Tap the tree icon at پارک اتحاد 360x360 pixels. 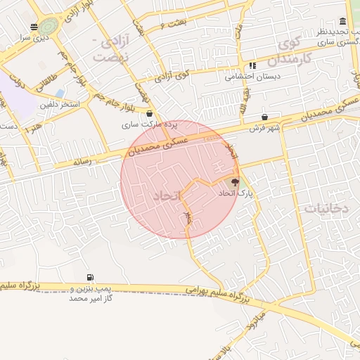click(235, 181)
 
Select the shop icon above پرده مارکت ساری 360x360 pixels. click(149, 113)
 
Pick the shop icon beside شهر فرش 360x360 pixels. click(264, 117)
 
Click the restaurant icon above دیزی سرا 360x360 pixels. click(34, 27)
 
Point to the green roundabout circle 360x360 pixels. click(46, 27)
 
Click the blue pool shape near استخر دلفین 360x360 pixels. click(59, 93)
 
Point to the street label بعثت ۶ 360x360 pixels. click(172, 25)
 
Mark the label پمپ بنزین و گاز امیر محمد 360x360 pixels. click(91, 294)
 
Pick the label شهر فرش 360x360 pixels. click(264, 129)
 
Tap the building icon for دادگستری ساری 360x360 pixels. click(342, 22)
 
